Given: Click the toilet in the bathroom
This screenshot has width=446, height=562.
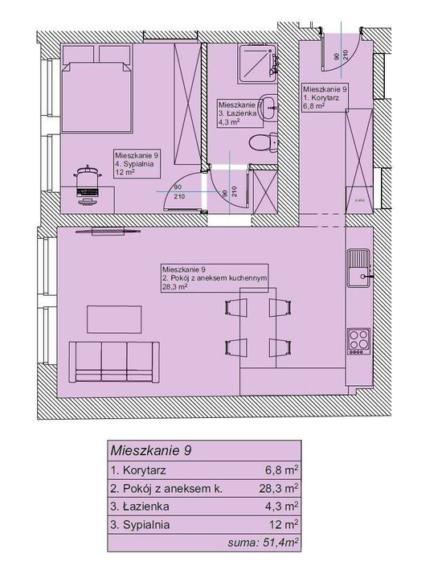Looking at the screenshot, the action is (264, 142).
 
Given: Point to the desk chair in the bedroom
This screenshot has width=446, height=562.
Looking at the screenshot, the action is (88, 185).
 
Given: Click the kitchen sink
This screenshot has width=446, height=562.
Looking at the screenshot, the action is (359, 268).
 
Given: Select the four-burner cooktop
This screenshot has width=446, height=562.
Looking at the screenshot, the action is (359, 341).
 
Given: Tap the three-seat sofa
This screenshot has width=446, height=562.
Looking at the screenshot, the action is (114, 362).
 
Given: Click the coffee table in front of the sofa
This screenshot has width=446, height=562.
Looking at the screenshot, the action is (114, 319).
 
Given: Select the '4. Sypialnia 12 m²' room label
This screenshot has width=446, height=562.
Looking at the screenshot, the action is (137, 164).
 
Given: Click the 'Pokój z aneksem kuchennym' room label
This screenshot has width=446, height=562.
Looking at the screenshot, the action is (215, 278).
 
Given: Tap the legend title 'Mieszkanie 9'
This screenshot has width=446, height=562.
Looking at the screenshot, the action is (151, 450).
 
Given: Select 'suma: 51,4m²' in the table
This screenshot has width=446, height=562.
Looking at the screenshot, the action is (264, 543).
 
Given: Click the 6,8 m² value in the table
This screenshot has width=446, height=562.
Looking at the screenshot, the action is (282, 470).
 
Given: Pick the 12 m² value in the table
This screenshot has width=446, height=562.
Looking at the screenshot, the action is (284, 524).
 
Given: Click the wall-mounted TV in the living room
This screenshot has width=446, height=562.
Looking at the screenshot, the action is (108, 232).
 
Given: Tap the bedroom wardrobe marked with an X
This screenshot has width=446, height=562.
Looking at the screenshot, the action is (187, 104).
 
